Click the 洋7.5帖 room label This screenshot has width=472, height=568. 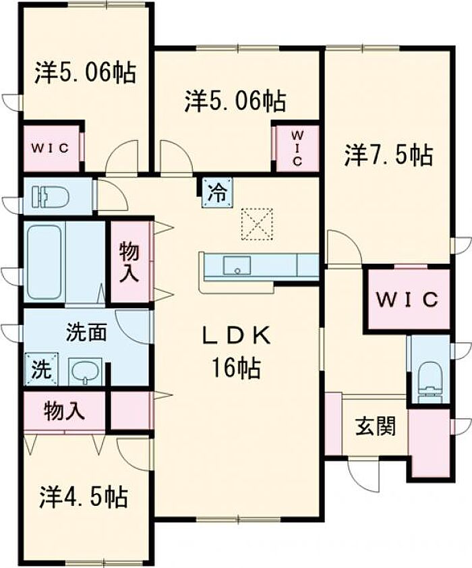coord(388,156)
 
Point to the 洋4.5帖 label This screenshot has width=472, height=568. coord(83,498)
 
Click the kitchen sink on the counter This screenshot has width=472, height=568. coord(237,266)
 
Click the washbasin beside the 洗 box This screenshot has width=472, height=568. coord(85,370)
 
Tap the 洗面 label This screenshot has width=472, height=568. coord(85,333)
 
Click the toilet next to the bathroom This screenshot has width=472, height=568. coord(51,197)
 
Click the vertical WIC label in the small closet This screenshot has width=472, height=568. coord(297,147)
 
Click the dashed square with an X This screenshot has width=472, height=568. coord(257,223)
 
